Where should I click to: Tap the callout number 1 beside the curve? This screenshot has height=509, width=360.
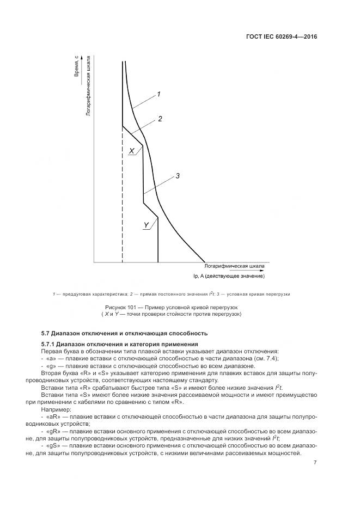(x=158, y=94)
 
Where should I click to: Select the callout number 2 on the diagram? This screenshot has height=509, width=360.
(x=160, y=118)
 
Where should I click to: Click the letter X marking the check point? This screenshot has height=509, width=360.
(x=131, y=151)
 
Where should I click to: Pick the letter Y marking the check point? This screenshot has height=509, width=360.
(x=146, y=224)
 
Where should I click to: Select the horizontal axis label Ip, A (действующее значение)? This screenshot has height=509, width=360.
(x=229, y=276)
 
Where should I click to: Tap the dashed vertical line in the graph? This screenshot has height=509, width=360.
(x=122, y=218)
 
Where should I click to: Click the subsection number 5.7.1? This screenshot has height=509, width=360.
(x=48, y=345)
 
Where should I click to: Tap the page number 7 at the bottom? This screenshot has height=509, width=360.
(x=315, y=463)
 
